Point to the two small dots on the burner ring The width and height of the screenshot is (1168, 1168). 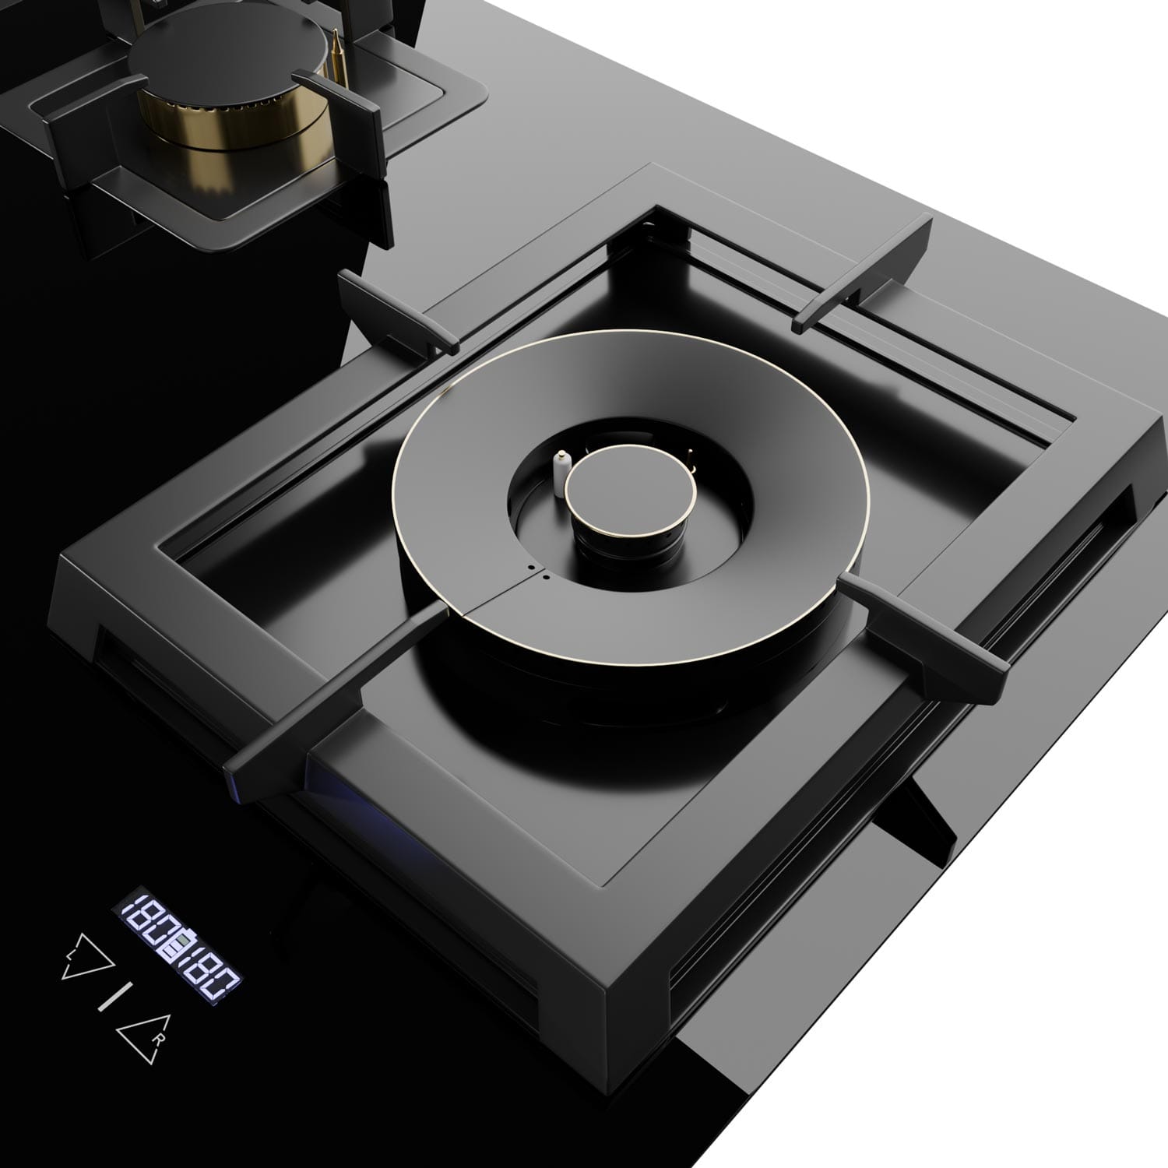tap(537, 572)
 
